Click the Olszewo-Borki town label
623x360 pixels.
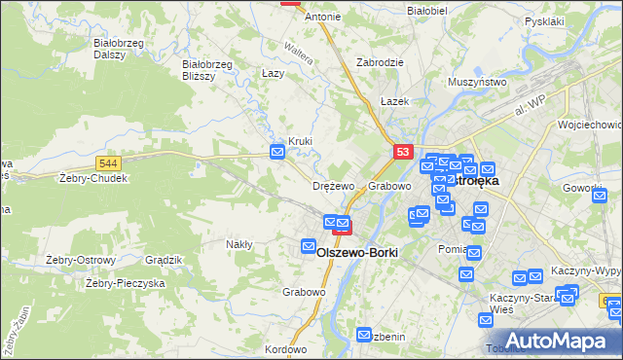tap(358, 252)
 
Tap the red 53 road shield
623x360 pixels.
tap(404, 152)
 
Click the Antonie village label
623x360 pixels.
tap(323, 18)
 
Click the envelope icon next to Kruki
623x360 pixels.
tap(277, 151)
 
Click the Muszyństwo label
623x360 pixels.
tap(479, 83)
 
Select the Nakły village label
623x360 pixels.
tap(238, 244)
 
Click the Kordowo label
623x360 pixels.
tap(285, 349)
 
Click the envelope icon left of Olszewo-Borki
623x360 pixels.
tap(310, 247)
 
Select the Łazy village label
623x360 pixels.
tap(273, 73)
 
